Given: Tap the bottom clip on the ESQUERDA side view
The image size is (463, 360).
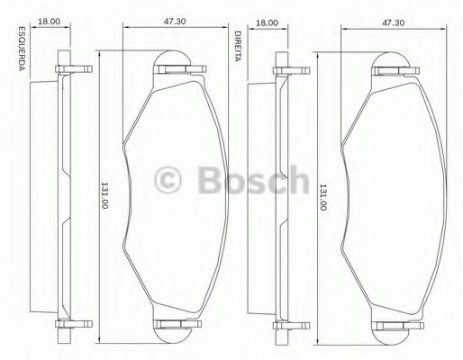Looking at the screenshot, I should (x=70, y=326).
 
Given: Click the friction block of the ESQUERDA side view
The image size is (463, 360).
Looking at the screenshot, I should (x=42, y=194).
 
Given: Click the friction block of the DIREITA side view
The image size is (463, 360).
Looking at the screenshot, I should (x=259, y=194).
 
